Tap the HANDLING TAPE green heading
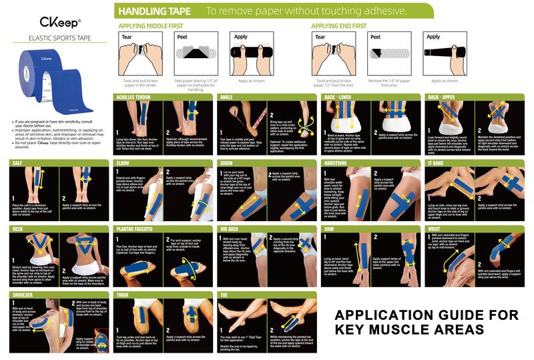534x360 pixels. (x=153, y=11)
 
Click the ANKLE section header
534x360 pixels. (x=227, y=98)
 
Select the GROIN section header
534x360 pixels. (x=228, y=163)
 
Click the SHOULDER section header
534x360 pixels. (x=23, y=294)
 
